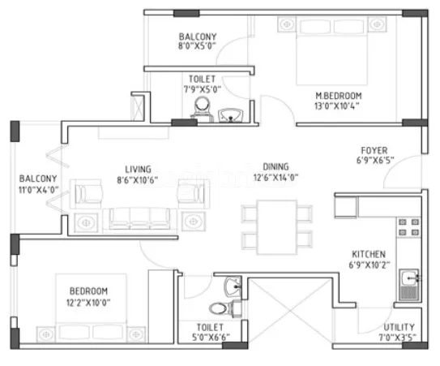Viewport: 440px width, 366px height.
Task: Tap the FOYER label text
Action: [374, 150]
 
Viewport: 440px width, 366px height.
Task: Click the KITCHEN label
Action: [368, 253]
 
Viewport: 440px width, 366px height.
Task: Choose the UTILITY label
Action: [399, 328]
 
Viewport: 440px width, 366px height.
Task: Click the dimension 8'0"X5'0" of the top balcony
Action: [197, 47]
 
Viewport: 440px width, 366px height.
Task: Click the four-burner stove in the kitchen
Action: [407, 229]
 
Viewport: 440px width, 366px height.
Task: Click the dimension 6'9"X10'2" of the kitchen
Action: [368, 265]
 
